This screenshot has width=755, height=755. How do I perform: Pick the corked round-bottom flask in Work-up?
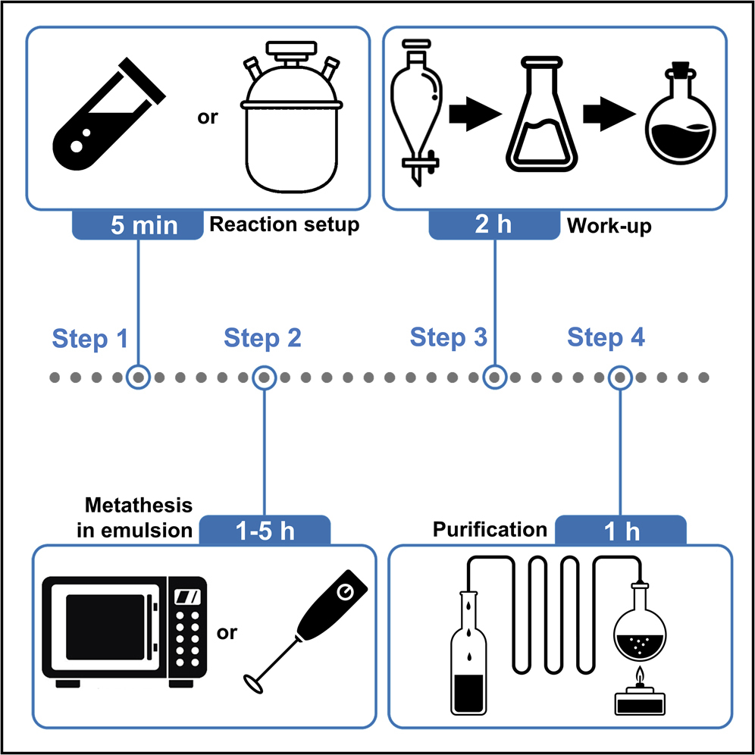[x=681, y=117]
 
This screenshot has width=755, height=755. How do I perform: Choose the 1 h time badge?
[x=621, y=531]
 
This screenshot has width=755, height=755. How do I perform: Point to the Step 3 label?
[x=448, y=337]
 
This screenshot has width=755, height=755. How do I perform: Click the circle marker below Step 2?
[x=264, y=377]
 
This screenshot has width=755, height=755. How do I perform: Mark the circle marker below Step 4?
[x=621, y=377]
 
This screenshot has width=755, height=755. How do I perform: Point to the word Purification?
[x=490, y=529]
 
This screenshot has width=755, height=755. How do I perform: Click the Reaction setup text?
[x=284, y=225]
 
